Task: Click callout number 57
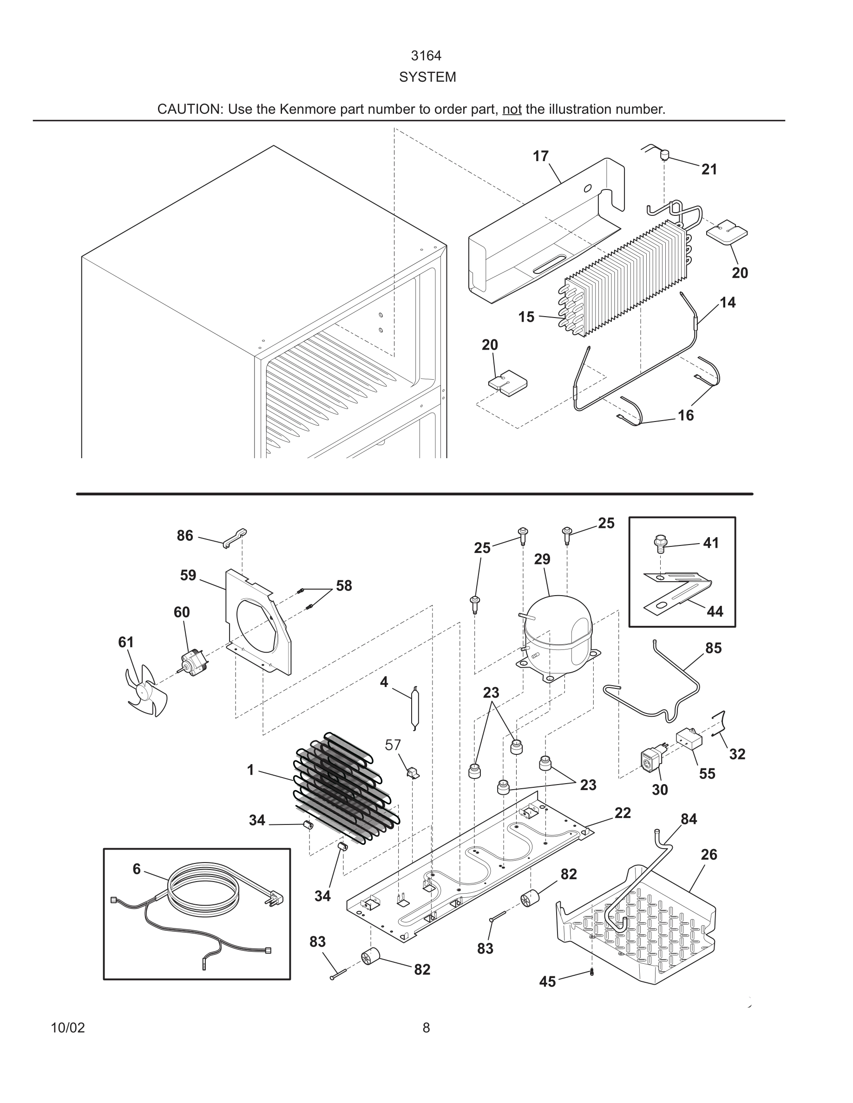click(x=393, y=745)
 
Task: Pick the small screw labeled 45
click(x=592, y=973)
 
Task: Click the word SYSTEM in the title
click(x=427, y=77)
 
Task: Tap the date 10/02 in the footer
click(x=68, y=1028)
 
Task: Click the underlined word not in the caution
click(x=512, y=109)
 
